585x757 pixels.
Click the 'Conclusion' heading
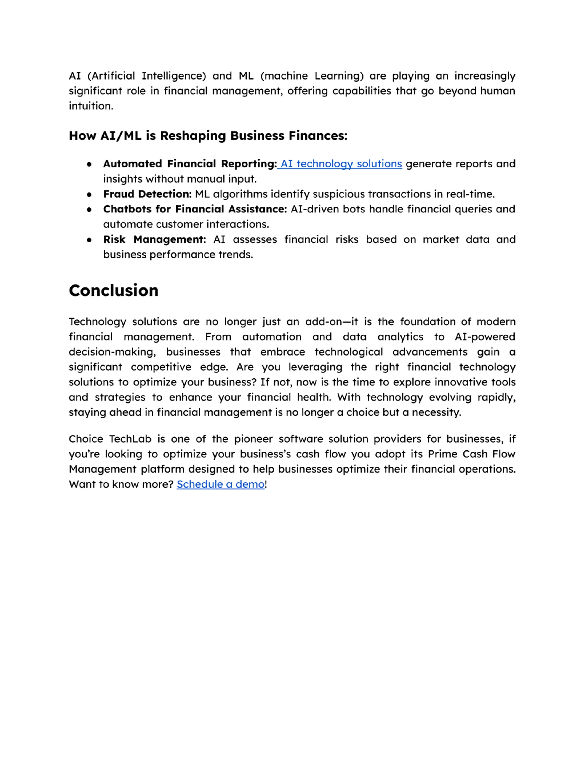(114, 290)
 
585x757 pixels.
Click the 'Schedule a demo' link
(221, 484)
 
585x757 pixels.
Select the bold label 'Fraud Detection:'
(147, 194)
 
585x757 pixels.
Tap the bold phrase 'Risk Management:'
(154, 239)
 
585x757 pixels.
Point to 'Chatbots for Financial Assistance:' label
(195, 209)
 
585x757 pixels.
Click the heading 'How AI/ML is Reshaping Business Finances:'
(208, 135)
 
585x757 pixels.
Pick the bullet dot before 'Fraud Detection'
(89, 194)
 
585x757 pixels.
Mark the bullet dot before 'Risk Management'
(89, 240)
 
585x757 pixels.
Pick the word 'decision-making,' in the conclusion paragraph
(112, 352)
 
